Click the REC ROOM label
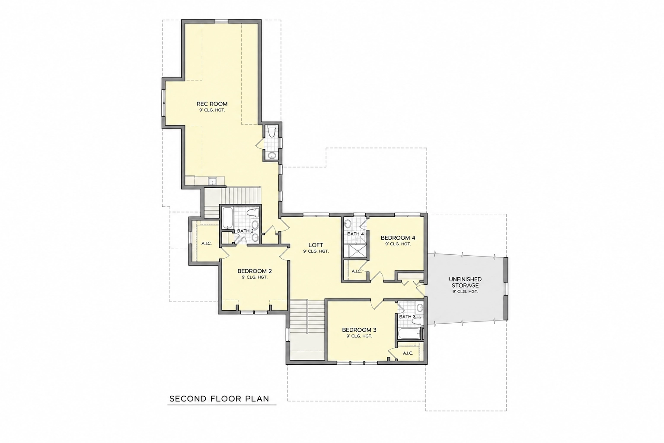click(x=212, y=104)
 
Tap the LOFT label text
click(x=316, y=245)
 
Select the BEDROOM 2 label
click(x=255, y=271)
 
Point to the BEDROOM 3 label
click(x=359, y=330)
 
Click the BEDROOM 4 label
click(x=398, y=238)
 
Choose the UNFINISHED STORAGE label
click(x=465, y=282)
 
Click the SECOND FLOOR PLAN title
click(x=219, y=399)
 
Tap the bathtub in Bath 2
click(x=228, y=218)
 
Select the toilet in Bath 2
click(x=252, y=212)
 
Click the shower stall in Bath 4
click(x=355, y=251)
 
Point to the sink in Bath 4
click(x=348, y=224)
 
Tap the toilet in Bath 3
click(x=418, y=321)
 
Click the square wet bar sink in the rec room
click(x=212, y=181)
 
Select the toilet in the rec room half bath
click(x=271, y=131)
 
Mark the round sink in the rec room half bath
click(x=271, y=155)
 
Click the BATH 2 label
click(x=245, y=231)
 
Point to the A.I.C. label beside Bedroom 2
click(x=207, y=244)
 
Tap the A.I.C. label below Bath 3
click(x=408, y=353)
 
